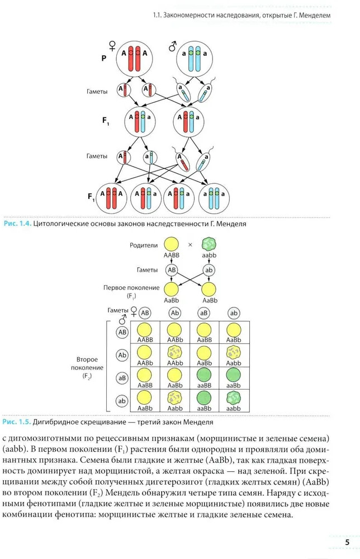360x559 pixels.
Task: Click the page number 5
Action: coord(347,542)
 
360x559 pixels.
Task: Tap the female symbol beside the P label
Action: coord(112,46)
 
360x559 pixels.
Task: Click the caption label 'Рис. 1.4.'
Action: coord(17,224)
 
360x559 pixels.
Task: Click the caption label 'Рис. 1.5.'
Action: coord(17,421)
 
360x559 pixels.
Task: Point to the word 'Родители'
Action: coord(144,245)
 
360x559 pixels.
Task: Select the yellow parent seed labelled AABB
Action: coord(171,244)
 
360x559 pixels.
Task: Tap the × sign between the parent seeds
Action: coord(190,245)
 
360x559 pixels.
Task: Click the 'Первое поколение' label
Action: coord(131,287)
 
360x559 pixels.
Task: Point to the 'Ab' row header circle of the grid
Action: coord(122,354)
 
